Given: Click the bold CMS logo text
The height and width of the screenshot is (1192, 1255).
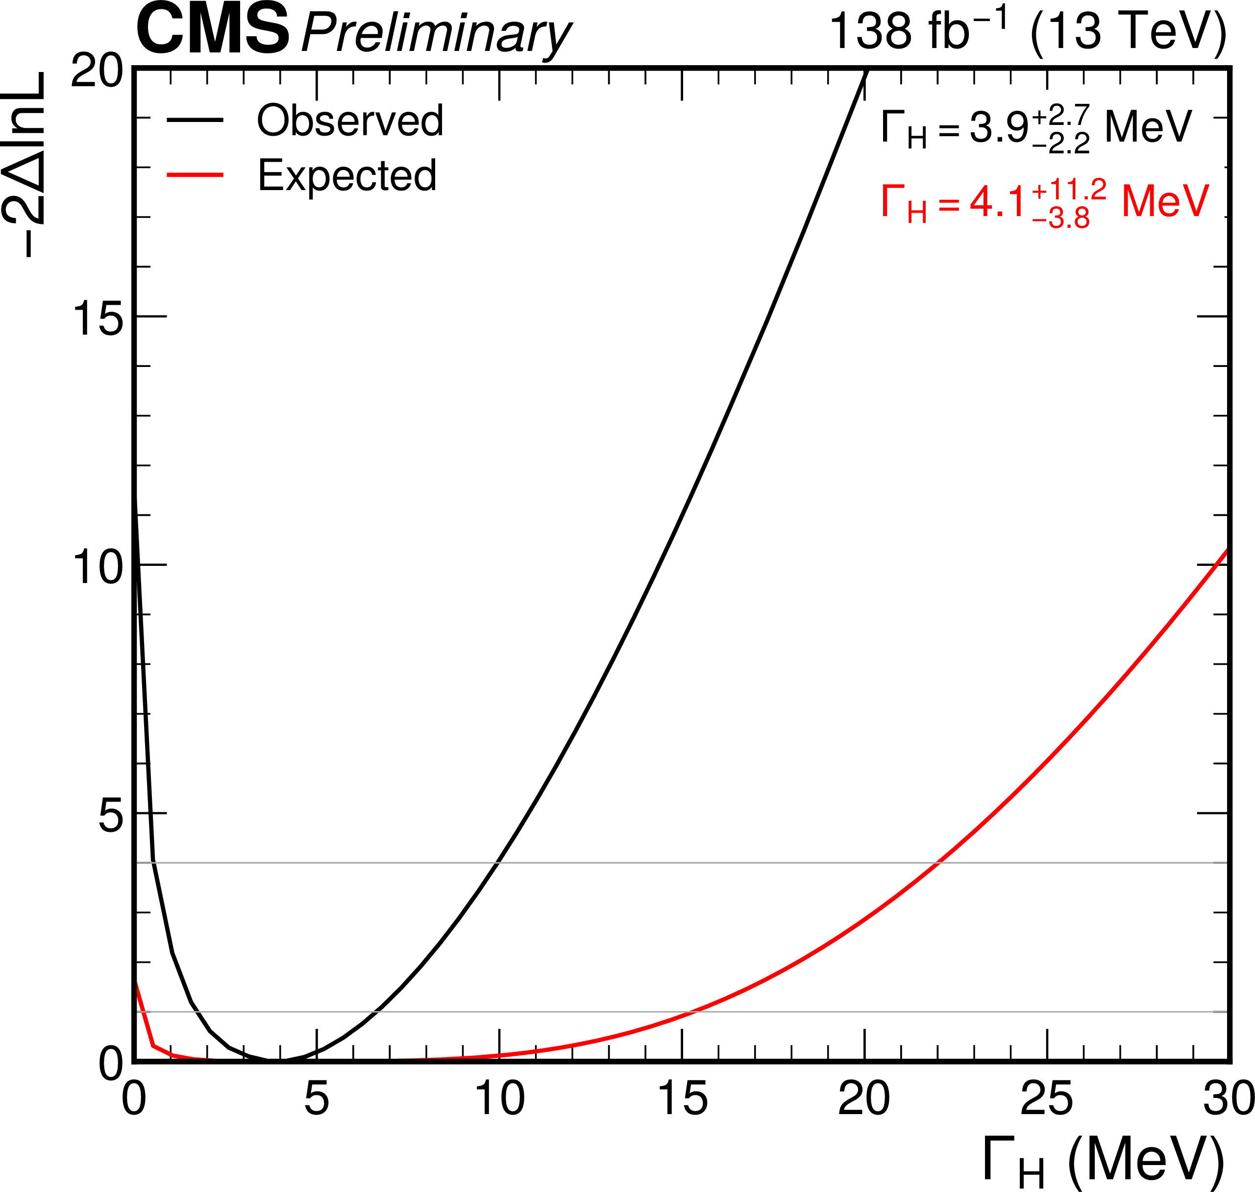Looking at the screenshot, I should [x=212, y=30].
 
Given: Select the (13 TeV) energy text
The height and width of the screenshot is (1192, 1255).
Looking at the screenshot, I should [x=1129, y=32].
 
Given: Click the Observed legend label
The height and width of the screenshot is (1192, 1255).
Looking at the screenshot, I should [x=350, y=120].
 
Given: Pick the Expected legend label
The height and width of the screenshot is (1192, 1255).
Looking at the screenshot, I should [x=347, y=175].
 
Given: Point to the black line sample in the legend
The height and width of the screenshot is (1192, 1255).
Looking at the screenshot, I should [x=195, y=120].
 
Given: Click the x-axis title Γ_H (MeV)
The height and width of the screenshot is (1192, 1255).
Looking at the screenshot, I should [x=1103, y=1160].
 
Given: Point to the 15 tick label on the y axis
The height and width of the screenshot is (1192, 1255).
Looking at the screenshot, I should [x=97, y=317].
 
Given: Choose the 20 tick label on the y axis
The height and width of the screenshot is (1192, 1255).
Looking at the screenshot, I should [x=97, y=71].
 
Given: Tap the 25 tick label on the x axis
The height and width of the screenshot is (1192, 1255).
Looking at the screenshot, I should [x=1047, y=1098].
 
